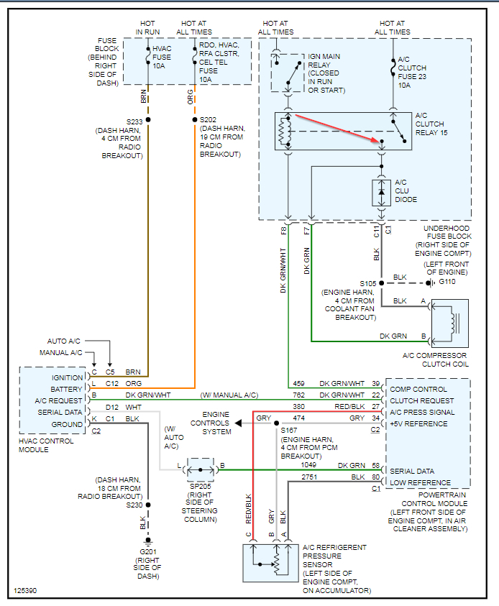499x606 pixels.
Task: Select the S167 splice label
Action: click(290, 430)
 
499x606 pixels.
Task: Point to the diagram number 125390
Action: click(25, 592)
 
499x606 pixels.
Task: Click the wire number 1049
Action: click(308, 465)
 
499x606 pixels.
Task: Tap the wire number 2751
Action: click(308, 477)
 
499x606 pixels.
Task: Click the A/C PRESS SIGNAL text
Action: click(422, 412)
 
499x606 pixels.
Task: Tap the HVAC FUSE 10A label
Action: click(162, 58)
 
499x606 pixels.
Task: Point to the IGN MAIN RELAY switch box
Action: click(288, 72)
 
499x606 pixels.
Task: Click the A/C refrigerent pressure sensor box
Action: click(275, 563)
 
